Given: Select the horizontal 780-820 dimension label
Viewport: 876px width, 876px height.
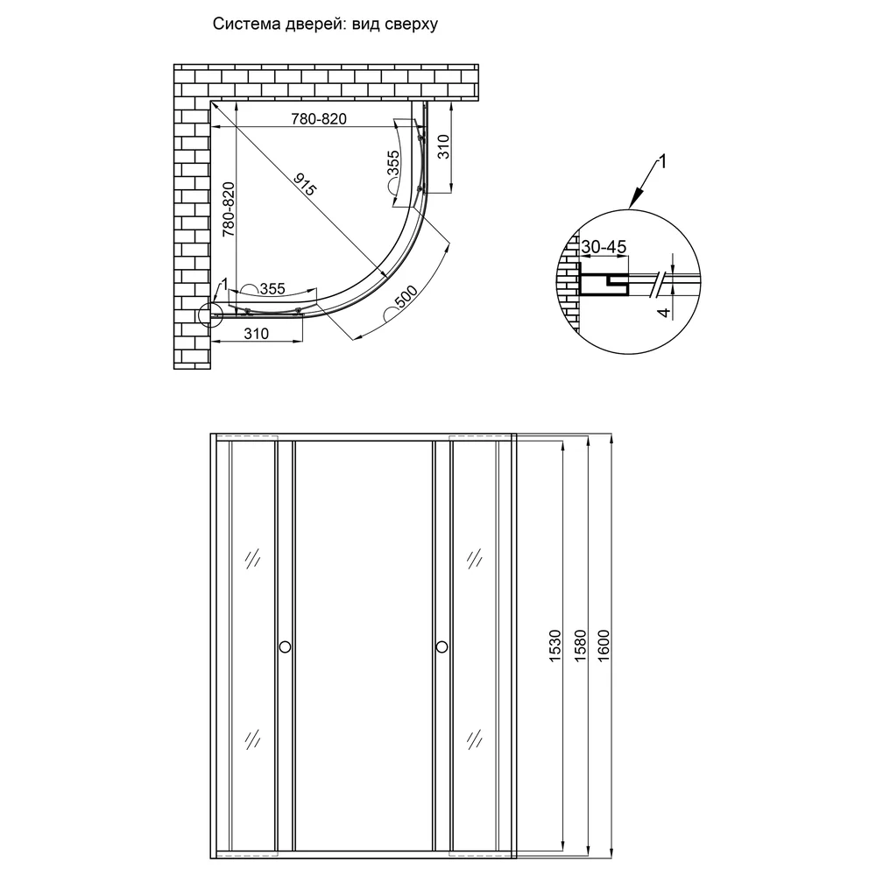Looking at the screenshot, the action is point(319,119).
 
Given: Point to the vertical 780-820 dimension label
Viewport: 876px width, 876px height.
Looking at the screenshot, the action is point(229,209).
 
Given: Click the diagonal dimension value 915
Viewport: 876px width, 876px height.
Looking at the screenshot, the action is point(305,184).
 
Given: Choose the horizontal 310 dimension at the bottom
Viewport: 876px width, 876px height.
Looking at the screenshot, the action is point(257,334).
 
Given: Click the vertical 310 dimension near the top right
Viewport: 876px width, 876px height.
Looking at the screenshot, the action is point(443,146).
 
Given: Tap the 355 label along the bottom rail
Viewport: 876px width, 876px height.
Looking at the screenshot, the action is point(272,289).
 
